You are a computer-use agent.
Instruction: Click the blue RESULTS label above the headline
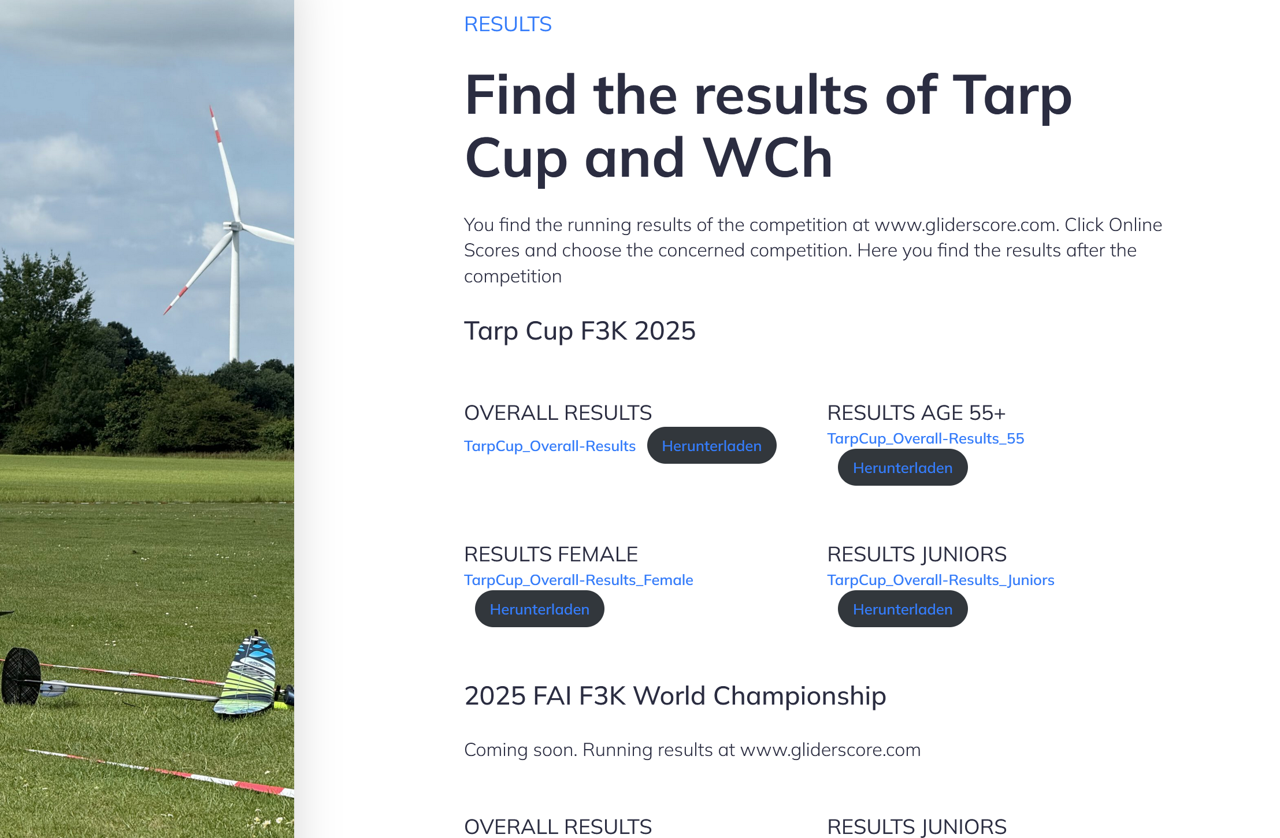coord(508,24)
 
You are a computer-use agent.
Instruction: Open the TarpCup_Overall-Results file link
coord(550,446)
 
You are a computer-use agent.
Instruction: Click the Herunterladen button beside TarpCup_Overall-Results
coord(711,445)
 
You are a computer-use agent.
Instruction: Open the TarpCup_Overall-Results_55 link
coord(925,438)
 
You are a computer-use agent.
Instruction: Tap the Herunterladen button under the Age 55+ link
coord(903,467)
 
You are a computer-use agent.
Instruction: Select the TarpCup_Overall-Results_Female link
coord(578,580)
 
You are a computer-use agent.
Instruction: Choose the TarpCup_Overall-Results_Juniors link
coord(941,580)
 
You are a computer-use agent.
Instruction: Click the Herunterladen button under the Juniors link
coord(903,609)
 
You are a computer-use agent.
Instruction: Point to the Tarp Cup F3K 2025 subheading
coord(580,331)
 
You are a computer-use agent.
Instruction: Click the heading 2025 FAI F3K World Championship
coord(675,696)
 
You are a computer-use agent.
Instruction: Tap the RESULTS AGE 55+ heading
coord(917,413)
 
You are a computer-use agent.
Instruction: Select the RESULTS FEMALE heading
coord(551,554)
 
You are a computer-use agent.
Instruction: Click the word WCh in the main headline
coord(768,158)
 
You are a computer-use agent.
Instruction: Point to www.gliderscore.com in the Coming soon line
coord(830,750)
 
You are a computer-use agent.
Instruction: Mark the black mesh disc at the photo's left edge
coord(21,676)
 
